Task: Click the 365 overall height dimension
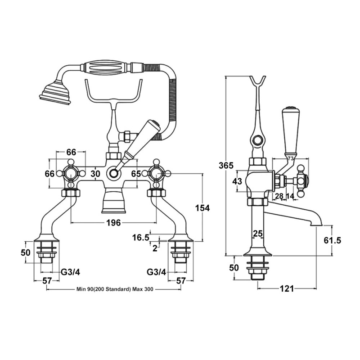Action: click(x=226, y=166)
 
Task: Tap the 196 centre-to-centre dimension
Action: click(x=114, y=222)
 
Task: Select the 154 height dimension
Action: click(x=202, y=208)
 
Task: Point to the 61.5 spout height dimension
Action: click(x=332, y=240)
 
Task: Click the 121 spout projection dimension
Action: click(x=287, y=288)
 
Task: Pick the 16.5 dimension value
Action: click(x=140, y=238)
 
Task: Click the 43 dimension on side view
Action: click(x=237, y=181)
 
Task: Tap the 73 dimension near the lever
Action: click(x=291, y=158)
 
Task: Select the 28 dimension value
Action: click(x=279, y=196)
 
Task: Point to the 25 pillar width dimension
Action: click(x=257, y=234)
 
